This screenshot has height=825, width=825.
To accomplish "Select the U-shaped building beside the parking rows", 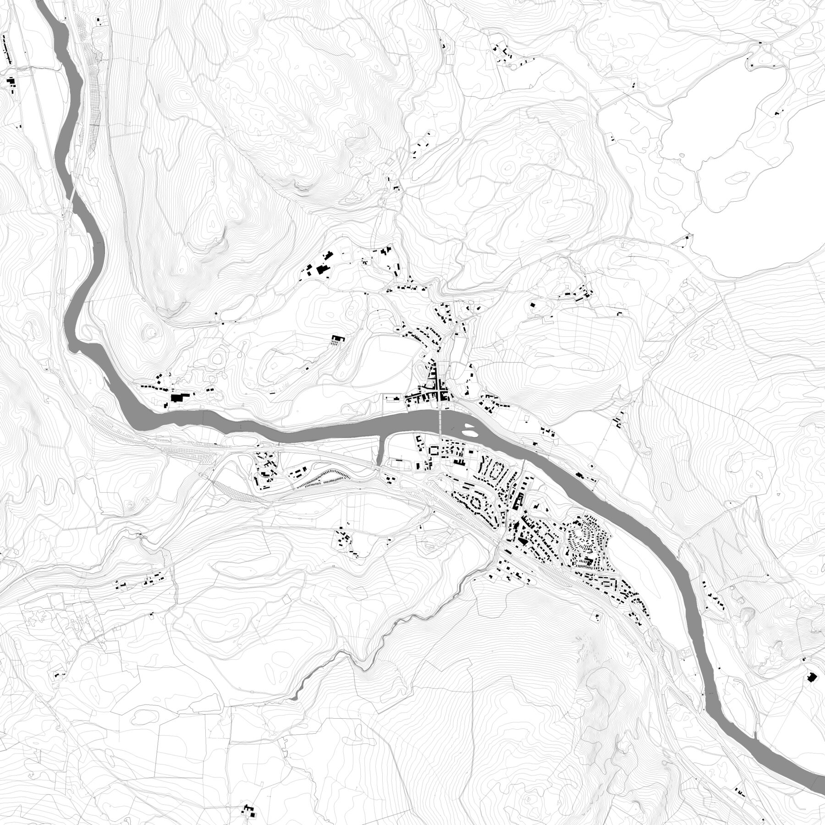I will tap(338, 340).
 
